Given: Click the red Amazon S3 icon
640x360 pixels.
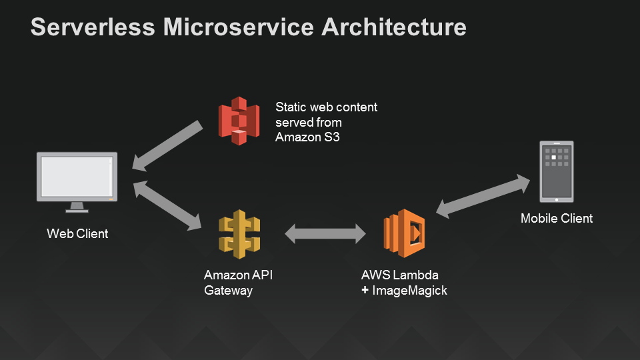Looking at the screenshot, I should coord(239,121).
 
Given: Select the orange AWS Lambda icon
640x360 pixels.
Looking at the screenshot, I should coord(405,233).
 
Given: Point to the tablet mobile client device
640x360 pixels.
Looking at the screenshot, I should coord(556,171).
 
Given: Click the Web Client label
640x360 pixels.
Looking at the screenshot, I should coord(77,234).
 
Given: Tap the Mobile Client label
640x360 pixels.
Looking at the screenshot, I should coord(556,219).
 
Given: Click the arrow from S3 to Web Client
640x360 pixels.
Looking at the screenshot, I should coord(168,145).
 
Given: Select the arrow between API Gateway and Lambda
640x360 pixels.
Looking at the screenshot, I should coord(325,234).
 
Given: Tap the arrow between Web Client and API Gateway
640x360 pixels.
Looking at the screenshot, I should coord(167,206).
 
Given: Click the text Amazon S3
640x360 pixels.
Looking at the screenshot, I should coord(303,137).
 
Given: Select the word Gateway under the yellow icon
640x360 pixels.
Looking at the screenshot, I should coord(228,291).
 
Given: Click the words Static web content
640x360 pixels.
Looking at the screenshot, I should coord(326,107).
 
